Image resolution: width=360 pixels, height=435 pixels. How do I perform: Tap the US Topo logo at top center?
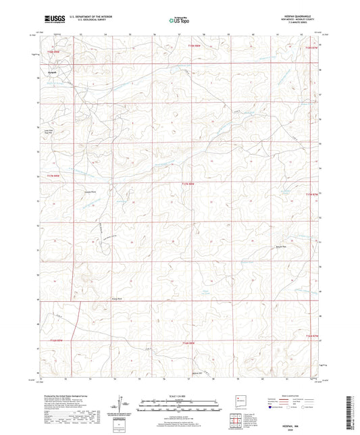click(x=178, y=20)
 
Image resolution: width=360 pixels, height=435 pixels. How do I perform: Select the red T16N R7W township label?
click(x=310, y=48)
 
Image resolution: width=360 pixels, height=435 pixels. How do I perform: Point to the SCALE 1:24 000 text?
click(x=178, y=396)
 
